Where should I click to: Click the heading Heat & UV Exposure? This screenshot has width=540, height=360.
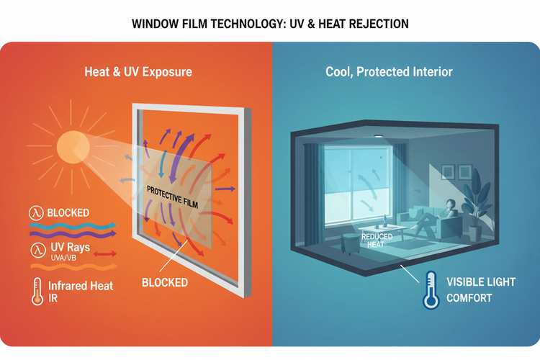(138, 72)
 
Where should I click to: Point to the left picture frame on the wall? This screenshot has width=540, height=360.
(447, 172)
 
